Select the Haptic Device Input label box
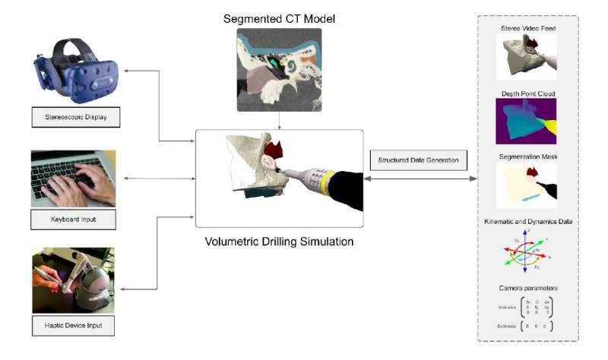click(x=73, y=326)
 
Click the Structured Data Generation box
click(x=417, y=159)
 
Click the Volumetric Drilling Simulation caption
click(x=279, y=242)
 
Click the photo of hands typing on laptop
click(x=73, y=178)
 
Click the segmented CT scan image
click(x=279, y=65)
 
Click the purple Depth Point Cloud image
click(x=527, y=122)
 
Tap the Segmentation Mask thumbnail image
click(x=527, y=187)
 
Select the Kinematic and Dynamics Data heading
click(x=527, y=221)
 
